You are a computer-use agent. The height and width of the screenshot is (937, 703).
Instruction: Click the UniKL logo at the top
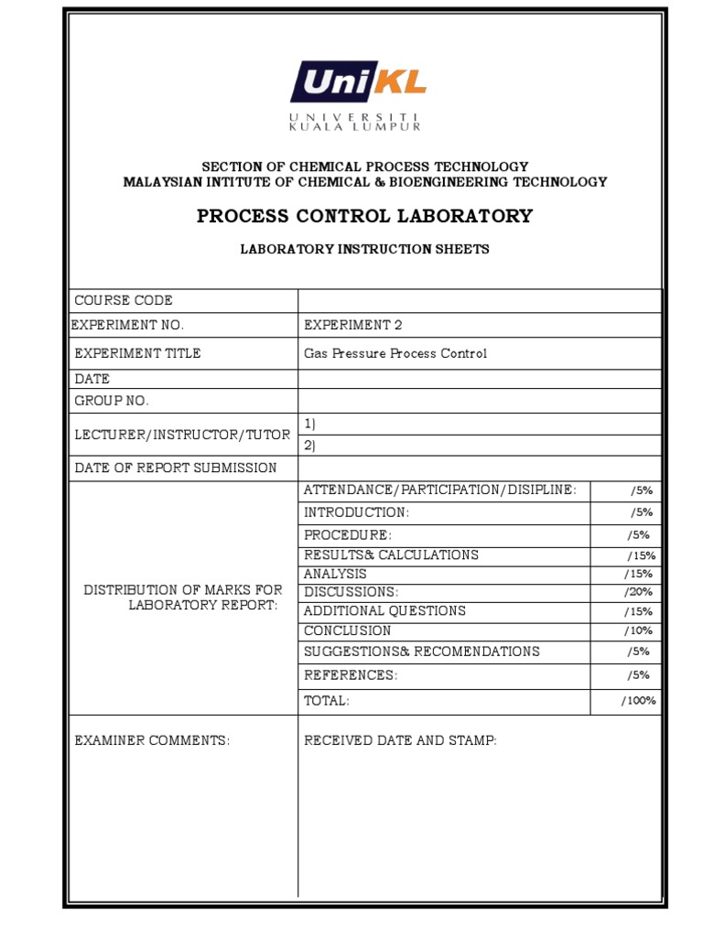tap(358, 82)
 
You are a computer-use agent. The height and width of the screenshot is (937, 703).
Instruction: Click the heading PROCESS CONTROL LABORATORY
tap(364, 216)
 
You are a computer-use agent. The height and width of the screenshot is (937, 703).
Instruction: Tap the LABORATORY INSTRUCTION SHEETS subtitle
tap(364, 249)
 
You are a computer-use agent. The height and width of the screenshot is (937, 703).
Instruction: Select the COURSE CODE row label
tap(124, 300)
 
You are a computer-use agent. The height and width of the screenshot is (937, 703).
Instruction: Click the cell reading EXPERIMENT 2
tap(352, 325)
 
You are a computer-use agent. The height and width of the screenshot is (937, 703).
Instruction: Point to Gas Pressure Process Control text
tap(395, 353)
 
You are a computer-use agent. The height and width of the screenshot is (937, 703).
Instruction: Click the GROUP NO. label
tap(112, 401)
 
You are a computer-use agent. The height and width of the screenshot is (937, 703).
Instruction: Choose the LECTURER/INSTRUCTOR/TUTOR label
tap(182, 435)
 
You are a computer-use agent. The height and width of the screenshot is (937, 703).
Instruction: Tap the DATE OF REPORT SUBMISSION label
tap(176, 468)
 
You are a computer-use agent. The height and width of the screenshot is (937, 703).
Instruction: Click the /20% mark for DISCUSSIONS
tap(639, 592)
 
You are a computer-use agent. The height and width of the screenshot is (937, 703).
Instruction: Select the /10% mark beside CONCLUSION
tap(639, 630)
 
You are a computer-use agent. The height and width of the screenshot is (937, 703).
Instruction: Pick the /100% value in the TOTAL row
tap(639, 701)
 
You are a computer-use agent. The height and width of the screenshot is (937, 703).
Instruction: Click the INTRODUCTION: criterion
tap(356, 512)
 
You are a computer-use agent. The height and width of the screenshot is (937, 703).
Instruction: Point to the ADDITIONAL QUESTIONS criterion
tap(384, 610)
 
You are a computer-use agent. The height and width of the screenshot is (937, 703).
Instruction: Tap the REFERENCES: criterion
tap(351, 675)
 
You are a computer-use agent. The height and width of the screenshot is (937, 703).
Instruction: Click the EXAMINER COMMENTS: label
tap(152, 740)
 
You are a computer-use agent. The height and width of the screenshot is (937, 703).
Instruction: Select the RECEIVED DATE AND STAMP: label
tap(400, 740)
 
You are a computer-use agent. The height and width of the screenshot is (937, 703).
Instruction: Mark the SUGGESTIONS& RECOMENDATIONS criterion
tap(421, 652)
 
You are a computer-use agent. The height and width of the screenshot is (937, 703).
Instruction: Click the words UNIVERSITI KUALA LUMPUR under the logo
tap(355, 122)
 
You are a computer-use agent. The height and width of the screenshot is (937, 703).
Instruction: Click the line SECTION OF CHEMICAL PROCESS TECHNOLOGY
tap(364, 167)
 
